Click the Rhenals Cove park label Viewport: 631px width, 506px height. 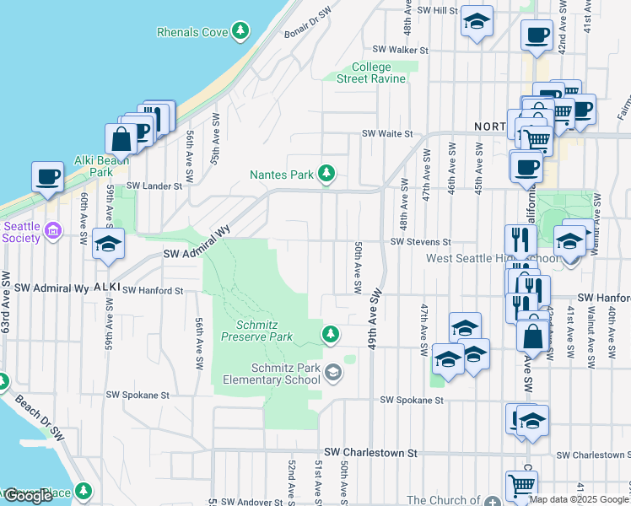pos(194,32)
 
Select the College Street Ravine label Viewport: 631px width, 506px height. pos(371,73)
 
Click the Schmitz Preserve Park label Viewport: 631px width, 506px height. pos(257,331)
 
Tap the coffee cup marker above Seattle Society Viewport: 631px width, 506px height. pos(47,177)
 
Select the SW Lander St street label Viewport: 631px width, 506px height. pos(154,186)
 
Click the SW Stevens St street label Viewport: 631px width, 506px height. pos(421,241)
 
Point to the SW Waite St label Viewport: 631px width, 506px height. pos(388,133)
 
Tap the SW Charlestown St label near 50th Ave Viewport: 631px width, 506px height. pos(372,453)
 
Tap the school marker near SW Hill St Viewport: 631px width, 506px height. pos(477,22)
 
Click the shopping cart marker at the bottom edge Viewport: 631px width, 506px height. pos(521,486)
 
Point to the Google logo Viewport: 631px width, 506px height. pos(28,496)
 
